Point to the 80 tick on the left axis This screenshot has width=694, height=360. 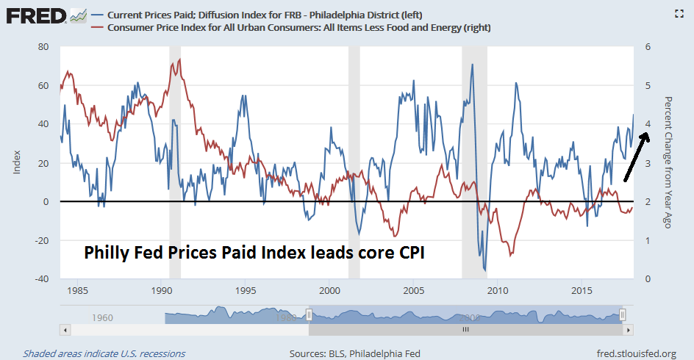[x=43, y=46]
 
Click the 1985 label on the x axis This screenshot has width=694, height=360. [x=77, y=291]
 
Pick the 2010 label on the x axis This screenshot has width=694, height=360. [x=498, y=291]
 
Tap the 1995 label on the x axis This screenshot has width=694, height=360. [x=246, y=291]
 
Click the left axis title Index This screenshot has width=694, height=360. [x=16, y=162]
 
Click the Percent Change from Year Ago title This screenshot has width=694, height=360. [x=668, y=162]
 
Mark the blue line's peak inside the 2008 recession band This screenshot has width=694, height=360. [x=472, y=65]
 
